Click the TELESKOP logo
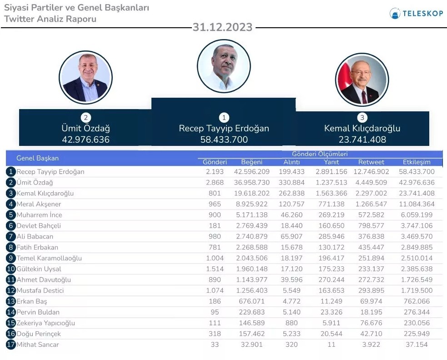[416, 13]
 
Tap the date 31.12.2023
[222, 27]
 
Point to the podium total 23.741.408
[362, 140]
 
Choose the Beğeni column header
[252, 162]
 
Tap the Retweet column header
[371, 162]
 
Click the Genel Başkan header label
[37, 158]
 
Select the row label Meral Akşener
[39, 204]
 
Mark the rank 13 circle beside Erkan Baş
[11, 301]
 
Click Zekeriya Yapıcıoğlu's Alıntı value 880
[291, 323]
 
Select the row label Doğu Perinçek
[39, 334]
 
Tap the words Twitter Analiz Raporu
[50, 19]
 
